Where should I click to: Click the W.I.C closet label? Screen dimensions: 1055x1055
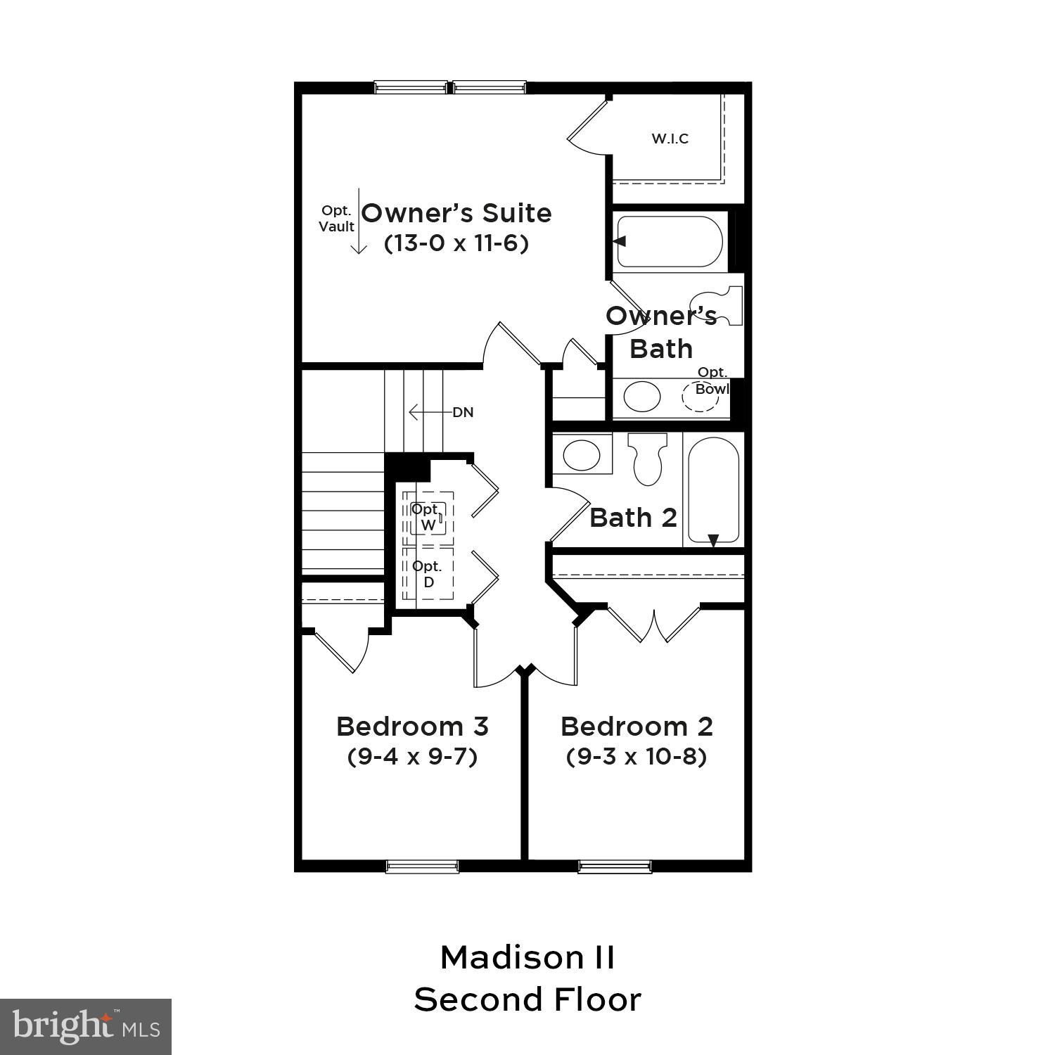tap(670, 139)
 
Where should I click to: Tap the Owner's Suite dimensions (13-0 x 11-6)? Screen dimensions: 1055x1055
tap(456, 243)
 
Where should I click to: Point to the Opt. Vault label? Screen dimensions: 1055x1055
tap(337, 219)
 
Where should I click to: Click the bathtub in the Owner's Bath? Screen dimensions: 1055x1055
tap(669, 241)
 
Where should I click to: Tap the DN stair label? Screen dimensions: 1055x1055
tap(463, 412)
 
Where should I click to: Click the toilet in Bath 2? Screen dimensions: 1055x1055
tap(647, 458)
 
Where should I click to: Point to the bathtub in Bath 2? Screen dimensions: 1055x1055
tap(713, 490)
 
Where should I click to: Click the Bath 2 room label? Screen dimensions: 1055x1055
tap(633, 518)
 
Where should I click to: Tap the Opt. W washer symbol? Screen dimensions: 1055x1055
tap(428, 517)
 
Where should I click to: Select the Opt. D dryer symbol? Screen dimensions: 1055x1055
tap(428, 574)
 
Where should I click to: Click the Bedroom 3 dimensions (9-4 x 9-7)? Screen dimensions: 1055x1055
tap(413, 757)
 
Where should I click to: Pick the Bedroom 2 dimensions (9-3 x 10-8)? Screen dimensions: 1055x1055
tap(637, 757)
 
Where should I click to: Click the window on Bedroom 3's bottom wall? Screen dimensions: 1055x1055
tap(422, 866)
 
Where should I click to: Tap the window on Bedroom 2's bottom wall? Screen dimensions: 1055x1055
tap(615, 866)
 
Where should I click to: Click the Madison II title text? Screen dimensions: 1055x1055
tap(527, 957)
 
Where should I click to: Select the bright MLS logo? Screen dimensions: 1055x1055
tap(86, 1027)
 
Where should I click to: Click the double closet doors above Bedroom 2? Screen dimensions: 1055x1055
tap(654, 623)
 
